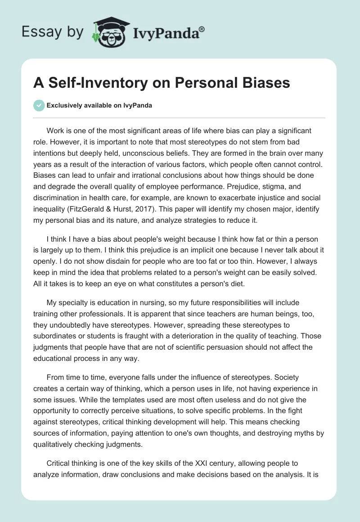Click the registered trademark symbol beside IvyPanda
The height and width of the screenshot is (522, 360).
202,29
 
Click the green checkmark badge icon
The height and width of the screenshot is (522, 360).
39,105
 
